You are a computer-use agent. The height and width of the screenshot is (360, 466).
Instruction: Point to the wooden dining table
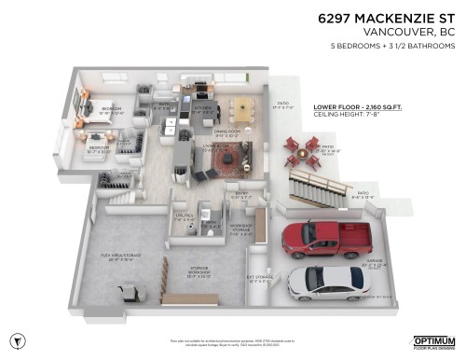pos(240,109)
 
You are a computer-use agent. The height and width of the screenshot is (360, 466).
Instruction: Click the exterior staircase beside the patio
pos(314,192)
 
